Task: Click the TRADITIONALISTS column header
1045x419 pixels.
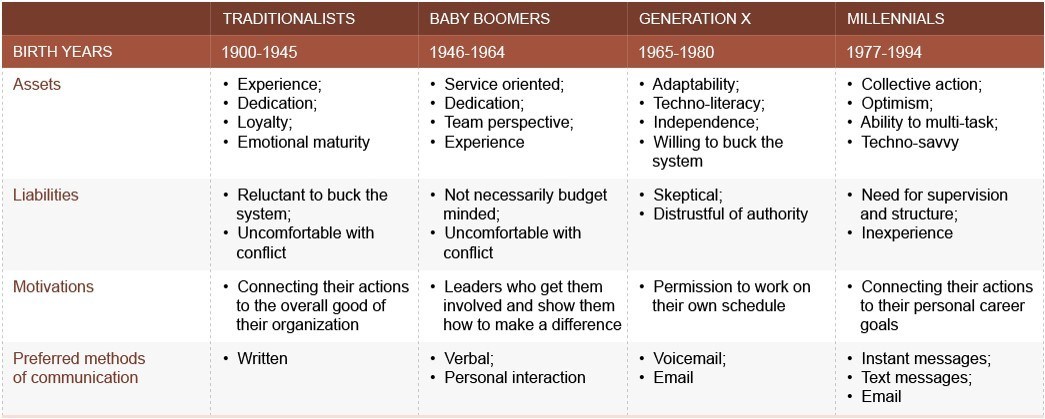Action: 288,19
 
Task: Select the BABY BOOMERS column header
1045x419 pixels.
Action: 489,19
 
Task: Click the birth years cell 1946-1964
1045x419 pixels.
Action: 465,52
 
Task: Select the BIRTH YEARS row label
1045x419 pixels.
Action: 62,52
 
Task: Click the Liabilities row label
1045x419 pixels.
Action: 46,195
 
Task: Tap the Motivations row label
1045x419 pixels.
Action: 53,287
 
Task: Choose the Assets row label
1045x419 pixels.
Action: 37,85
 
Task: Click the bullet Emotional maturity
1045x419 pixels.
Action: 303,142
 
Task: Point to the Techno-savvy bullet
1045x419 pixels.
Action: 909,142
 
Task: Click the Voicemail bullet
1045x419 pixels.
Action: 689,358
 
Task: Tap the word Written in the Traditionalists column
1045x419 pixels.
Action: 262,358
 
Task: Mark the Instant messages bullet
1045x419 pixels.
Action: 925,358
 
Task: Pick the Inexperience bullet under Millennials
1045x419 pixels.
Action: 906,233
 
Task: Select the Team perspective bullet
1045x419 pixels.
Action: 508,123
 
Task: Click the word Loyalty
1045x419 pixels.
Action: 264,123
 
